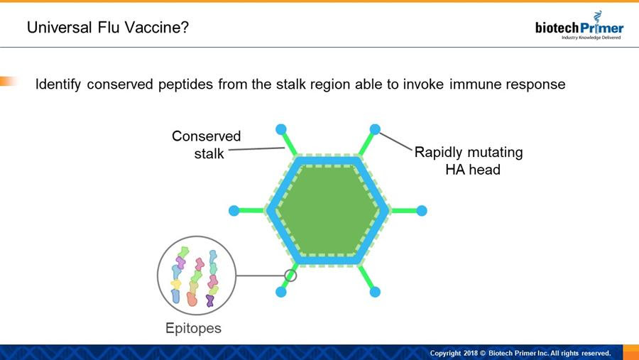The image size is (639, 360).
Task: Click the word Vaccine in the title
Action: pos(156,27)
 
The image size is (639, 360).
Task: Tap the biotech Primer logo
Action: pos(579,26)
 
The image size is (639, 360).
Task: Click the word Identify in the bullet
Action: pos(58,84)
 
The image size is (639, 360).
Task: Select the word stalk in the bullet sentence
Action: pos(291,84)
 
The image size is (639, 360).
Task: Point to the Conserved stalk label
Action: pos(206,145)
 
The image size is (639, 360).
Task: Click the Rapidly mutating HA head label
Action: pos(469,160)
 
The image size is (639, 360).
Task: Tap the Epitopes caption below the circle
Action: pos(193,328)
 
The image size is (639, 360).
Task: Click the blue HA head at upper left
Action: pos(280,129)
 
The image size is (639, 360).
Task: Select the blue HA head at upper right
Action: pos(375,129)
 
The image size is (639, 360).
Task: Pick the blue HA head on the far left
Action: pos(234,211)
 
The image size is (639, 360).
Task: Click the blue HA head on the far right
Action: pos(422,211)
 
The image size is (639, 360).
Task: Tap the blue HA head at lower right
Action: pos(375,292)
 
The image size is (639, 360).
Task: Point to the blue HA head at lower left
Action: pos(280,292)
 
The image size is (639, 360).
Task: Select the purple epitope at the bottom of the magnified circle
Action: pos(210,300)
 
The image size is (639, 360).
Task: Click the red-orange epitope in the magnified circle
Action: pos(192,299)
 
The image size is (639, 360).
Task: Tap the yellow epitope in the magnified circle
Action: pos(176,284)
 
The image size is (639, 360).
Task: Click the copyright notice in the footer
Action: pos(520,353)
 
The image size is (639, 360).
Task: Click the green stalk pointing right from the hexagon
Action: pos(403,211)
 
